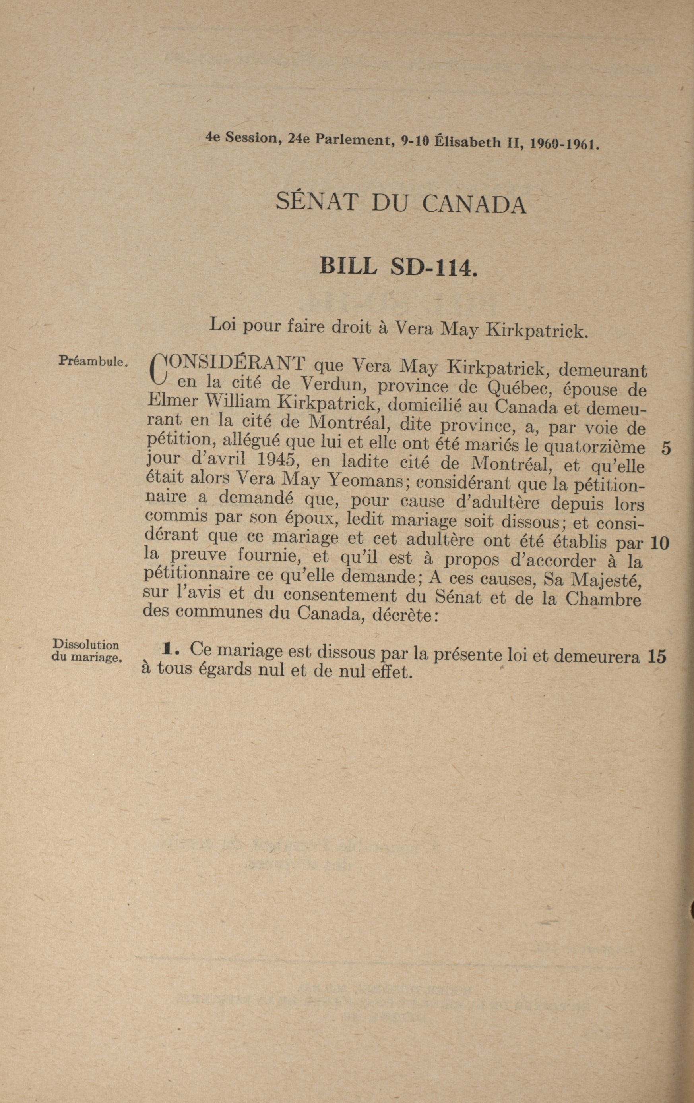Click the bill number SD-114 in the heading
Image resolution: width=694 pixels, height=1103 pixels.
[433, 266]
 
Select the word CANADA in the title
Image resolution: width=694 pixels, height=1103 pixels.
[473, 205]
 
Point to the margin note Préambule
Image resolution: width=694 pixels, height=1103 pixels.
[92, 361]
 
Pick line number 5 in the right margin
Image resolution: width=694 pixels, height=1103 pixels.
[665, 448]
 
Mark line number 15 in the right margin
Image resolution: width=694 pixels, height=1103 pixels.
[657, 657]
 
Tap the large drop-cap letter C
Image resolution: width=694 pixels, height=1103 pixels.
[157, 369]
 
